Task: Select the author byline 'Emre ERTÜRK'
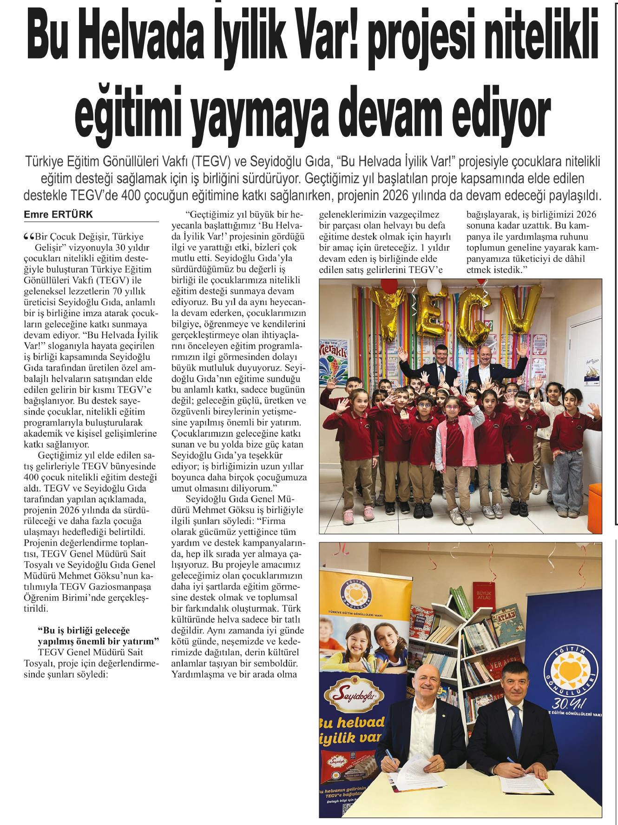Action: tap(58, 215)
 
